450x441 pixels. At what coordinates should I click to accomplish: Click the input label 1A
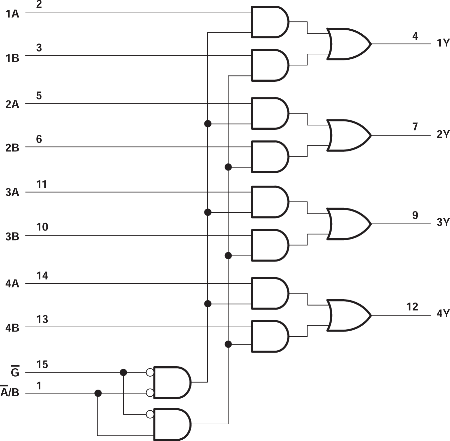pyautogui.click(x=12, y=14)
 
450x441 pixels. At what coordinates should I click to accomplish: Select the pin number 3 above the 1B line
pyautogui.click(x=39, y=48)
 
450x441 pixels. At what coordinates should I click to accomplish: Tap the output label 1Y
pyautogui.click(x=443, y=43)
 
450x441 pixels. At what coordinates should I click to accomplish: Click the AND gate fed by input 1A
pyautogui.click(x=269, y=22)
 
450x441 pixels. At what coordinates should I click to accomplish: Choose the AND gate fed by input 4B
pyautogui.click(x=269, y=336)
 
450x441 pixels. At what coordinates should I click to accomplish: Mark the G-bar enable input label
pyautogui.click(x=15, y=372)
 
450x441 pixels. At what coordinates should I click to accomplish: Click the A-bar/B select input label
pyautogui.click(x=10, y=392)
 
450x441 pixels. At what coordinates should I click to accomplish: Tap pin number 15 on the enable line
pyautogui.click(x=42, y=365)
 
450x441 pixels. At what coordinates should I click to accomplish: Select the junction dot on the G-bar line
pyautogui.click(x=123, y=372)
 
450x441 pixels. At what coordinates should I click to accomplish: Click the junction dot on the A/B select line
pyautogui.click(x=98, y=394)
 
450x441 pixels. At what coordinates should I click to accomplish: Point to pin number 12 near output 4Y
pyautogui.click(x=412, y=307)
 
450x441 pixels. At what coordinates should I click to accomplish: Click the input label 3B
pyautogui.click(x=12, y=237)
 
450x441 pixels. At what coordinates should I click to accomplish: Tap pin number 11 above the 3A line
pyautogui.click(x=42, y=184)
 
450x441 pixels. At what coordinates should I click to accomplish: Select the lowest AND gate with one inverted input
pyautogui.click(x=171, y=424)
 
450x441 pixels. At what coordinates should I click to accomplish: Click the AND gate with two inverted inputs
pyautogui.click(x=171, y=383)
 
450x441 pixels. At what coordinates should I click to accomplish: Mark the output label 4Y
pyautogui.click(x=443, y=313)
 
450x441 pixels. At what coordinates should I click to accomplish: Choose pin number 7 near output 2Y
pyautogui.click(x=415, y=127)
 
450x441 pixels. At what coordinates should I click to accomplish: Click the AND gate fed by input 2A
pyautogui.click(x=269, y=113)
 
